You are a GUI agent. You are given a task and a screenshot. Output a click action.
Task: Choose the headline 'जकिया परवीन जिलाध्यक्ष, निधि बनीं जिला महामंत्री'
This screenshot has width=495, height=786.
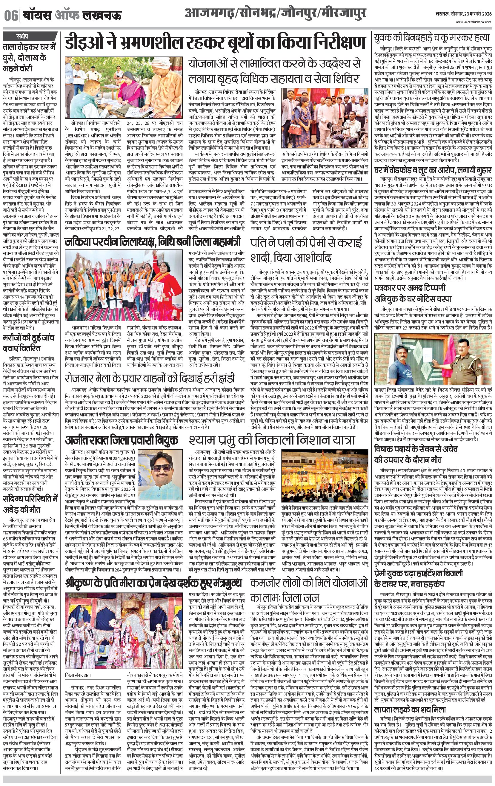pyautogui.click(x=153, y=242)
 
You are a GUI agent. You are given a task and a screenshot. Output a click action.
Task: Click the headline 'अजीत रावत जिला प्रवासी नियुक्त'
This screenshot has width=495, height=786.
pyautogui.click(x=122, y=440)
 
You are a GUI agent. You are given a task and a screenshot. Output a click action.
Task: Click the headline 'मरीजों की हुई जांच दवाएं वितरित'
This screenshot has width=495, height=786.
pyautogui.click(x=29, y=343)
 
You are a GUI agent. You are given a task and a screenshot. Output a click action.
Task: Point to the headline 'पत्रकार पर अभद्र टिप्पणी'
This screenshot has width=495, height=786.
pyautogui.click(x=410, y=288)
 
